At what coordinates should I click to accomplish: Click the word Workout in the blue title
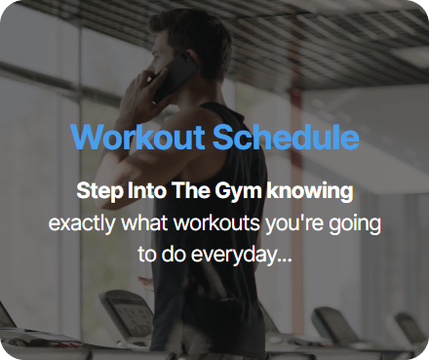pos(137,137)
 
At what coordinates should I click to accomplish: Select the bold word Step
pos(99,191)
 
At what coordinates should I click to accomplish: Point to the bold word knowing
pos(310,191)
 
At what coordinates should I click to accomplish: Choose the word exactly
pos(82,223)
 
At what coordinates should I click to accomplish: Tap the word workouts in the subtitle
pos(216,223)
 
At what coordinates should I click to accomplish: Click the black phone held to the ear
pos(175,77)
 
